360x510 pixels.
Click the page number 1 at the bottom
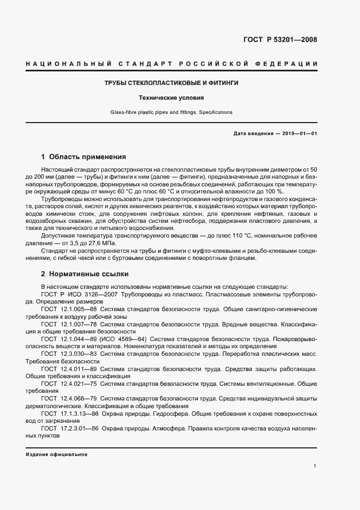315,466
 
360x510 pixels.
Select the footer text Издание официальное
56,454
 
